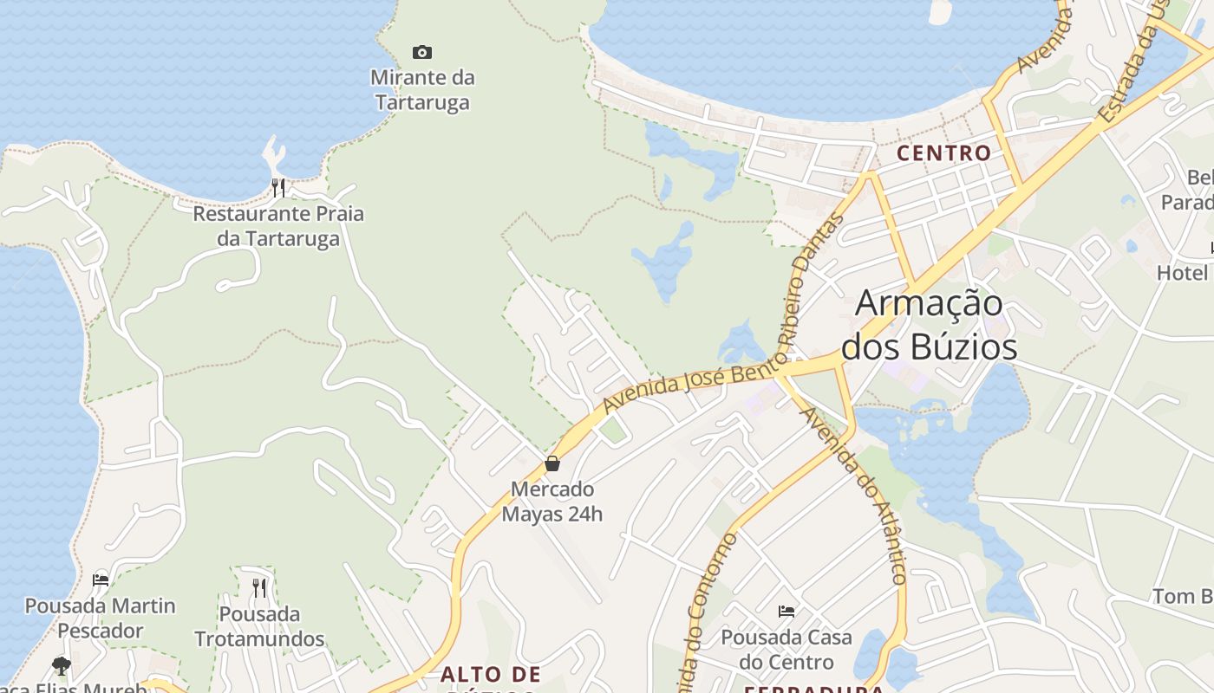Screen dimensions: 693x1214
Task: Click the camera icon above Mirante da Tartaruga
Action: point(422,53)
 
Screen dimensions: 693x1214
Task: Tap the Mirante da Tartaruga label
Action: point(422,90)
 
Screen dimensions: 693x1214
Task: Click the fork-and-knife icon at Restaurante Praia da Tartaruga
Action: point(278,187)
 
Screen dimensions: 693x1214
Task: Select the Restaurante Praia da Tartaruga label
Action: point(278,226)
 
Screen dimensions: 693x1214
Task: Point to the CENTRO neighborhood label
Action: point(943,153)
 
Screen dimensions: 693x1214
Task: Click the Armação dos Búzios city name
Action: point(929,325)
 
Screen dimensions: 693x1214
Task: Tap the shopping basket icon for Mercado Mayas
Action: point(552,464)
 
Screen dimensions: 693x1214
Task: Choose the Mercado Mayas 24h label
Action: point(552,502)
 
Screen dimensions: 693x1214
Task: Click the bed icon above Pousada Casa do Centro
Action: point(786,612)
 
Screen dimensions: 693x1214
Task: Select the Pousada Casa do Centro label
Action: point(786,650)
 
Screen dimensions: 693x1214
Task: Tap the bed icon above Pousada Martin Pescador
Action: point(101,580)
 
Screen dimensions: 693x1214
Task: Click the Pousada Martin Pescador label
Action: point(101,618)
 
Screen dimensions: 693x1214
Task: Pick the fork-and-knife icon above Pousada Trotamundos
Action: point(259,588)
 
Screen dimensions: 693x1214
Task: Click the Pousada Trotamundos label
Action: point(259,627)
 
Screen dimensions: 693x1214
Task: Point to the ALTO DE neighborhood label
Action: point(490,675)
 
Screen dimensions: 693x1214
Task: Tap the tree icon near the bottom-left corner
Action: point(61,665)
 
